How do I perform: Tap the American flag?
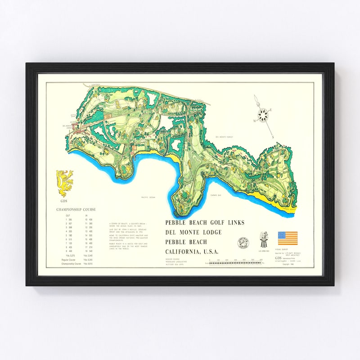pos(288,238)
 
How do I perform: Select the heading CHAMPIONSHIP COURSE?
pos(76,209)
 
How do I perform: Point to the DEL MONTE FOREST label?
pos(224,137)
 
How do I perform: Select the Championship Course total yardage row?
pos(75,264)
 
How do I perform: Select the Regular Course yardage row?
pos(75,260)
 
